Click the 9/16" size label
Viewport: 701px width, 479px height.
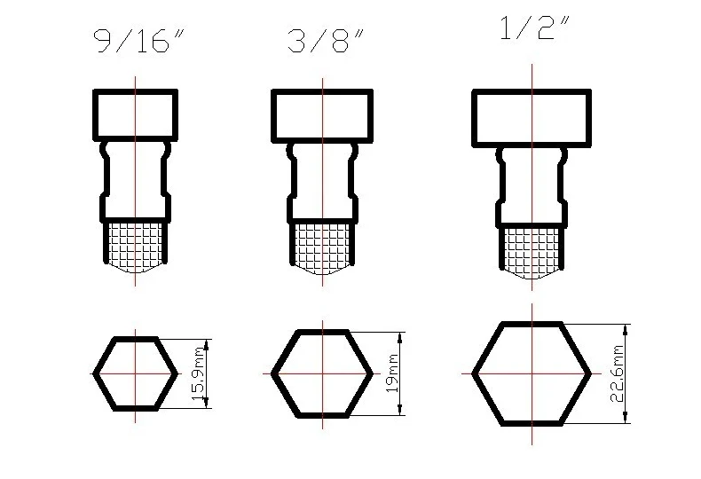pos(138,41)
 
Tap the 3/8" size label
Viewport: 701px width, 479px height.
pos(326,41)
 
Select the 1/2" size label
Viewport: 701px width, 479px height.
pos(533,28)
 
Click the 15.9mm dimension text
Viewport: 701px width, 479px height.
pos(198,373)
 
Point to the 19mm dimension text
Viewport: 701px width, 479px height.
pos(392,373)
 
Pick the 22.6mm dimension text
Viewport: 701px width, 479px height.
pos(617,373)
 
